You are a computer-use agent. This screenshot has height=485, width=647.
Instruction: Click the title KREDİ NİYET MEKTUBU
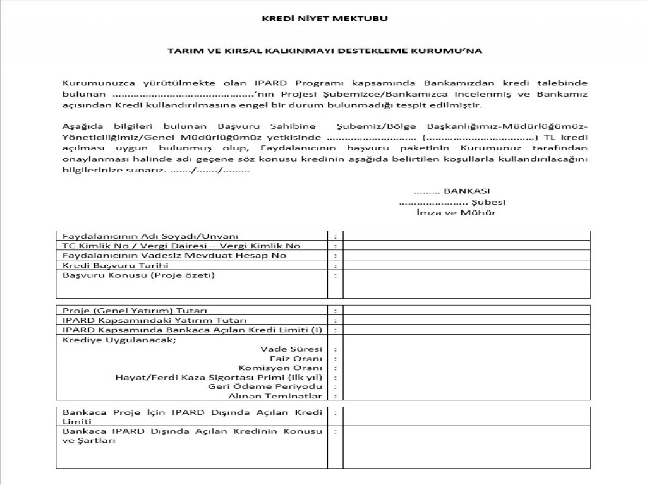click(325, 18)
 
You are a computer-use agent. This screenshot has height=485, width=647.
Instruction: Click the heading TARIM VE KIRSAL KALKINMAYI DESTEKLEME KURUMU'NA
click(325, 49)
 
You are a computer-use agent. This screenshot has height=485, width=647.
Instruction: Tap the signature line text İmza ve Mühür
click(447, 213)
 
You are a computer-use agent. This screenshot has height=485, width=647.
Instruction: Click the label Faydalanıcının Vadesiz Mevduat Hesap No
click(174, 255)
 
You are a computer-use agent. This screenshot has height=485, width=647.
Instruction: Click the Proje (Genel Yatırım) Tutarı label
click(135, 311)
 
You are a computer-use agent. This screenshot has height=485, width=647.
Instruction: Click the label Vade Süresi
click(291, 349)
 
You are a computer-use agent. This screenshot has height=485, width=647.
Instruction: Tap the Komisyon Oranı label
click(281, 368)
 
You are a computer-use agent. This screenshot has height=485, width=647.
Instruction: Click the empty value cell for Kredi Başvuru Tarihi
click(467, 265)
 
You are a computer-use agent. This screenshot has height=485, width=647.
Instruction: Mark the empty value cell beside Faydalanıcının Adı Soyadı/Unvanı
click(467, 236)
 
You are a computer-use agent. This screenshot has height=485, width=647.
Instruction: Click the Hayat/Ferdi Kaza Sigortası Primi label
click(219, 377)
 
